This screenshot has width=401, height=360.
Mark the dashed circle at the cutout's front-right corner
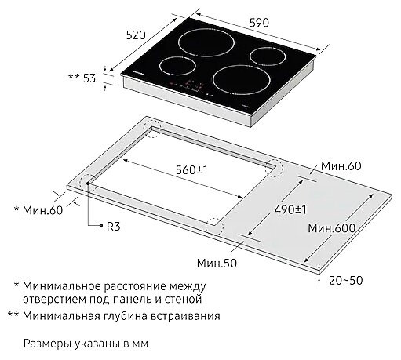tap(213, 226)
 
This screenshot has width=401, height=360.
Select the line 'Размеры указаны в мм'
tap(86, 344)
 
